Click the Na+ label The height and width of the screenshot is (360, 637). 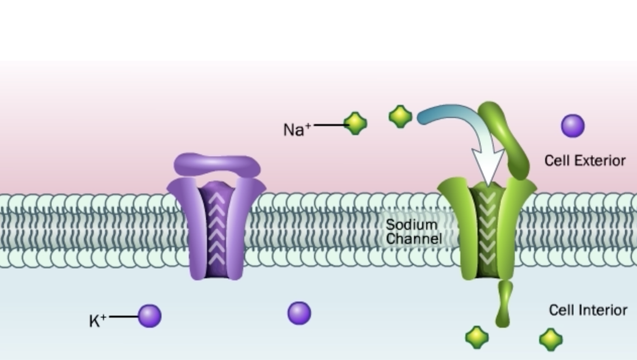pos(297,129)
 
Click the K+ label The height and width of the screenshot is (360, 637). pos(98,320)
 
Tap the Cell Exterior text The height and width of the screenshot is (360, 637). pos(584,160)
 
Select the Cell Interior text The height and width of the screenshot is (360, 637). pos(587,310)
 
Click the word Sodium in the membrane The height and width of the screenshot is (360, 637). pos(412,225)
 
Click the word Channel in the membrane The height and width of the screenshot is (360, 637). pos(414,238)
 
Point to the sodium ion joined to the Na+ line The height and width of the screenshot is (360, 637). pos(355,124)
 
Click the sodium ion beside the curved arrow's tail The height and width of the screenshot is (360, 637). pos(400,116)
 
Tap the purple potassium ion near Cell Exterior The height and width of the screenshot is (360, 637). pos(573,126)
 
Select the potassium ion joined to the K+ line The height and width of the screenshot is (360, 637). pos(149,316)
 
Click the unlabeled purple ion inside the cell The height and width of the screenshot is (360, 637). pos(299,313)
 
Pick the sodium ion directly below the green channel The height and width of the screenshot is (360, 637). pos(477,337)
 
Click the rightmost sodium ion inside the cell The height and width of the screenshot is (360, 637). pos(551,339)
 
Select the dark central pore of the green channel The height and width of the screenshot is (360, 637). pos(488,230)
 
